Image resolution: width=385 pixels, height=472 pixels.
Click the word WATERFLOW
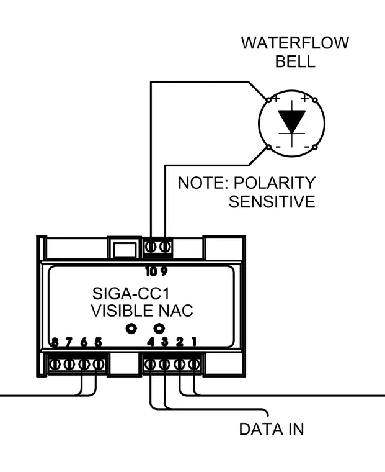(295, 43)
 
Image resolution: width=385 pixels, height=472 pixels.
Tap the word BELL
(295, 61)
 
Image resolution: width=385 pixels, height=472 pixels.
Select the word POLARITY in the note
(275, 183)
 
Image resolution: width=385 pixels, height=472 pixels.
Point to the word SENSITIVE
(272, 202)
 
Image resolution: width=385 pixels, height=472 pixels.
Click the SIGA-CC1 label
(131, 294)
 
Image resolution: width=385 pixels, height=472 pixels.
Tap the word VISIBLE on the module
(122, 311)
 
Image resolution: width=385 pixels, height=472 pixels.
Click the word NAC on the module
(176, 311)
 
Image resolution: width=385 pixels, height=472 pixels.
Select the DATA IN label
(272, 429)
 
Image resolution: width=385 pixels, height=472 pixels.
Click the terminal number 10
(151, 271)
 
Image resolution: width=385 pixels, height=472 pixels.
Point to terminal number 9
(164, 271)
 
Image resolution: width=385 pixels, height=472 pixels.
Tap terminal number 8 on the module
(55, 342)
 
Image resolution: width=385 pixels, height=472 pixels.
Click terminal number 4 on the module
(151, 342)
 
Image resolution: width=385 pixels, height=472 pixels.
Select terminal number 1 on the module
(194, 342)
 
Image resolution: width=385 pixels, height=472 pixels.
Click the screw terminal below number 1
(194, 365)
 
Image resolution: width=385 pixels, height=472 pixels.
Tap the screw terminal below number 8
(55, 365)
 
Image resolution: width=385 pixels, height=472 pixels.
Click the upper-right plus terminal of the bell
(315, 100)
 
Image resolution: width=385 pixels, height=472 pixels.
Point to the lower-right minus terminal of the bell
(315, 147)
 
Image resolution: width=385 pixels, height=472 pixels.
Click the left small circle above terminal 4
(131, 328)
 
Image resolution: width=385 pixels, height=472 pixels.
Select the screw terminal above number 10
(150, 247)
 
